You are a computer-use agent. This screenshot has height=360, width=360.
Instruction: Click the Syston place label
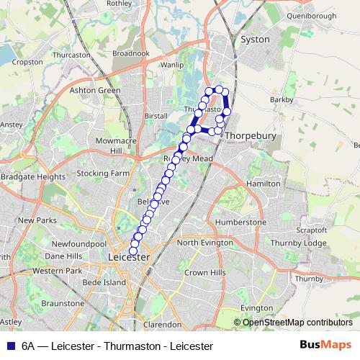256,40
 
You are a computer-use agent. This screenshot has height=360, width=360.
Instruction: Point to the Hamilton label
263,184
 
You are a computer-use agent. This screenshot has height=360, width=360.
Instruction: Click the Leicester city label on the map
127,257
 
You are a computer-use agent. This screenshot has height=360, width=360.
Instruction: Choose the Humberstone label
240,222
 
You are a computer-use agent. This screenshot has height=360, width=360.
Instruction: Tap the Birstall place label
156,115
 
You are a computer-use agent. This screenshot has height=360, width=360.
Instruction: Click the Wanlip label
172,64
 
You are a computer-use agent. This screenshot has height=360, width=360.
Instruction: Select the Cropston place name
28,62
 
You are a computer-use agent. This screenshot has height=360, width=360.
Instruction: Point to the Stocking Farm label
102,174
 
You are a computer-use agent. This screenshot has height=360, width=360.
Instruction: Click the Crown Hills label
205,273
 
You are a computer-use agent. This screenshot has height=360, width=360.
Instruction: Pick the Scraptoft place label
312,230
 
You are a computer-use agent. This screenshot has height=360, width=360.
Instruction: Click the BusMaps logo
325,345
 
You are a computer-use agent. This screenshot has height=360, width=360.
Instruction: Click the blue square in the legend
9,346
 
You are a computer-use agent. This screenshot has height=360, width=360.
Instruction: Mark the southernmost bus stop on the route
133,249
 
